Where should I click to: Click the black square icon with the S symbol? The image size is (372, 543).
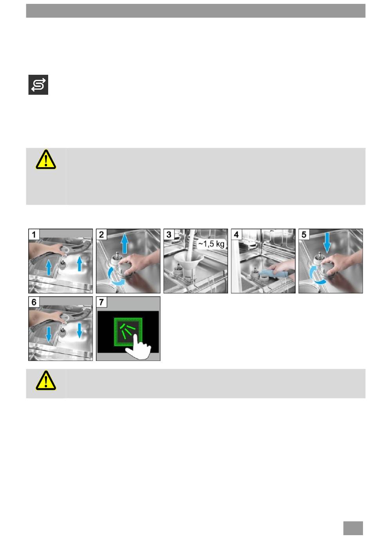pyautogui.click(x=38, y=85)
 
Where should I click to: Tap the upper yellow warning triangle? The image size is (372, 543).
pyautogui.click(x=46, y=160)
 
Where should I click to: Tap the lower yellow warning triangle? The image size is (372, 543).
pyautogui.click(x=46, y=381)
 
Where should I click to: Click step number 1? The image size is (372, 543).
pyautogui.click(x=34, y=235)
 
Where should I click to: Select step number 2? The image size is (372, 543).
pyautogui.click(x=101, y=235)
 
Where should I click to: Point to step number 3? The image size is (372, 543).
pyautogui.click(x=169, y=235)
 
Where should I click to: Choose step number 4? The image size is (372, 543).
pyautogui.click(x=237, y=235)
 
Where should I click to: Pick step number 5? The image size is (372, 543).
pyautogui.click(x=304, y=235)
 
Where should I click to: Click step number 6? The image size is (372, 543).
pyautogui.click(x=34, y=302)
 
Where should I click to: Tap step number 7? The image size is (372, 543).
pyautogui.click(x=101, y=302)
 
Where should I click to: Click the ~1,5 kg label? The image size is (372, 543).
pyautogui.click(x=211, y=244)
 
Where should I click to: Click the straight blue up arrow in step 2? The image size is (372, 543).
pyautogui.click(x=125, y=243)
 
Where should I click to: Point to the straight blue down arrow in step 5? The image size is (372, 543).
pyautogui.click(x=327, y=243)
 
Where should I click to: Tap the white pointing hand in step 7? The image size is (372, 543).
pyautogui.click(x=137, y=347)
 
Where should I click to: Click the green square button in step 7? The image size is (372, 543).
pyautogui.click(x=128, y=331)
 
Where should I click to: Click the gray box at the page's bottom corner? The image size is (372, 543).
pyautogui.click(x=353, y=528)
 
